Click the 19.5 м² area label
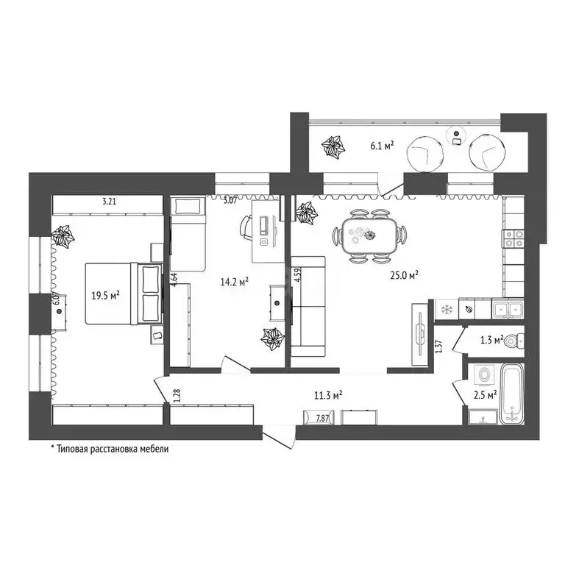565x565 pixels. (x=106, y=296)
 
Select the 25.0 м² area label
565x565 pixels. (x=405, y=275)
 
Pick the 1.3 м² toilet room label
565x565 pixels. (x=491, y=340)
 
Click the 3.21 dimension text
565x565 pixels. (x=110, y=200)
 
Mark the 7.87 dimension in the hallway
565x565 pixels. (x=322, y=418)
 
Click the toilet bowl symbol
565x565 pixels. (x=517, y=341)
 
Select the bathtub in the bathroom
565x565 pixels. (x=511, y=396)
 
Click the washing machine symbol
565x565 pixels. (x=485, y=375)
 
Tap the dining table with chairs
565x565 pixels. (x=369, y=235)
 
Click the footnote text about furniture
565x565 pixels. (x=110, y=448)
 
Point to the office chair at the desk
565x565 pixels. (x=245, y=226)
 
